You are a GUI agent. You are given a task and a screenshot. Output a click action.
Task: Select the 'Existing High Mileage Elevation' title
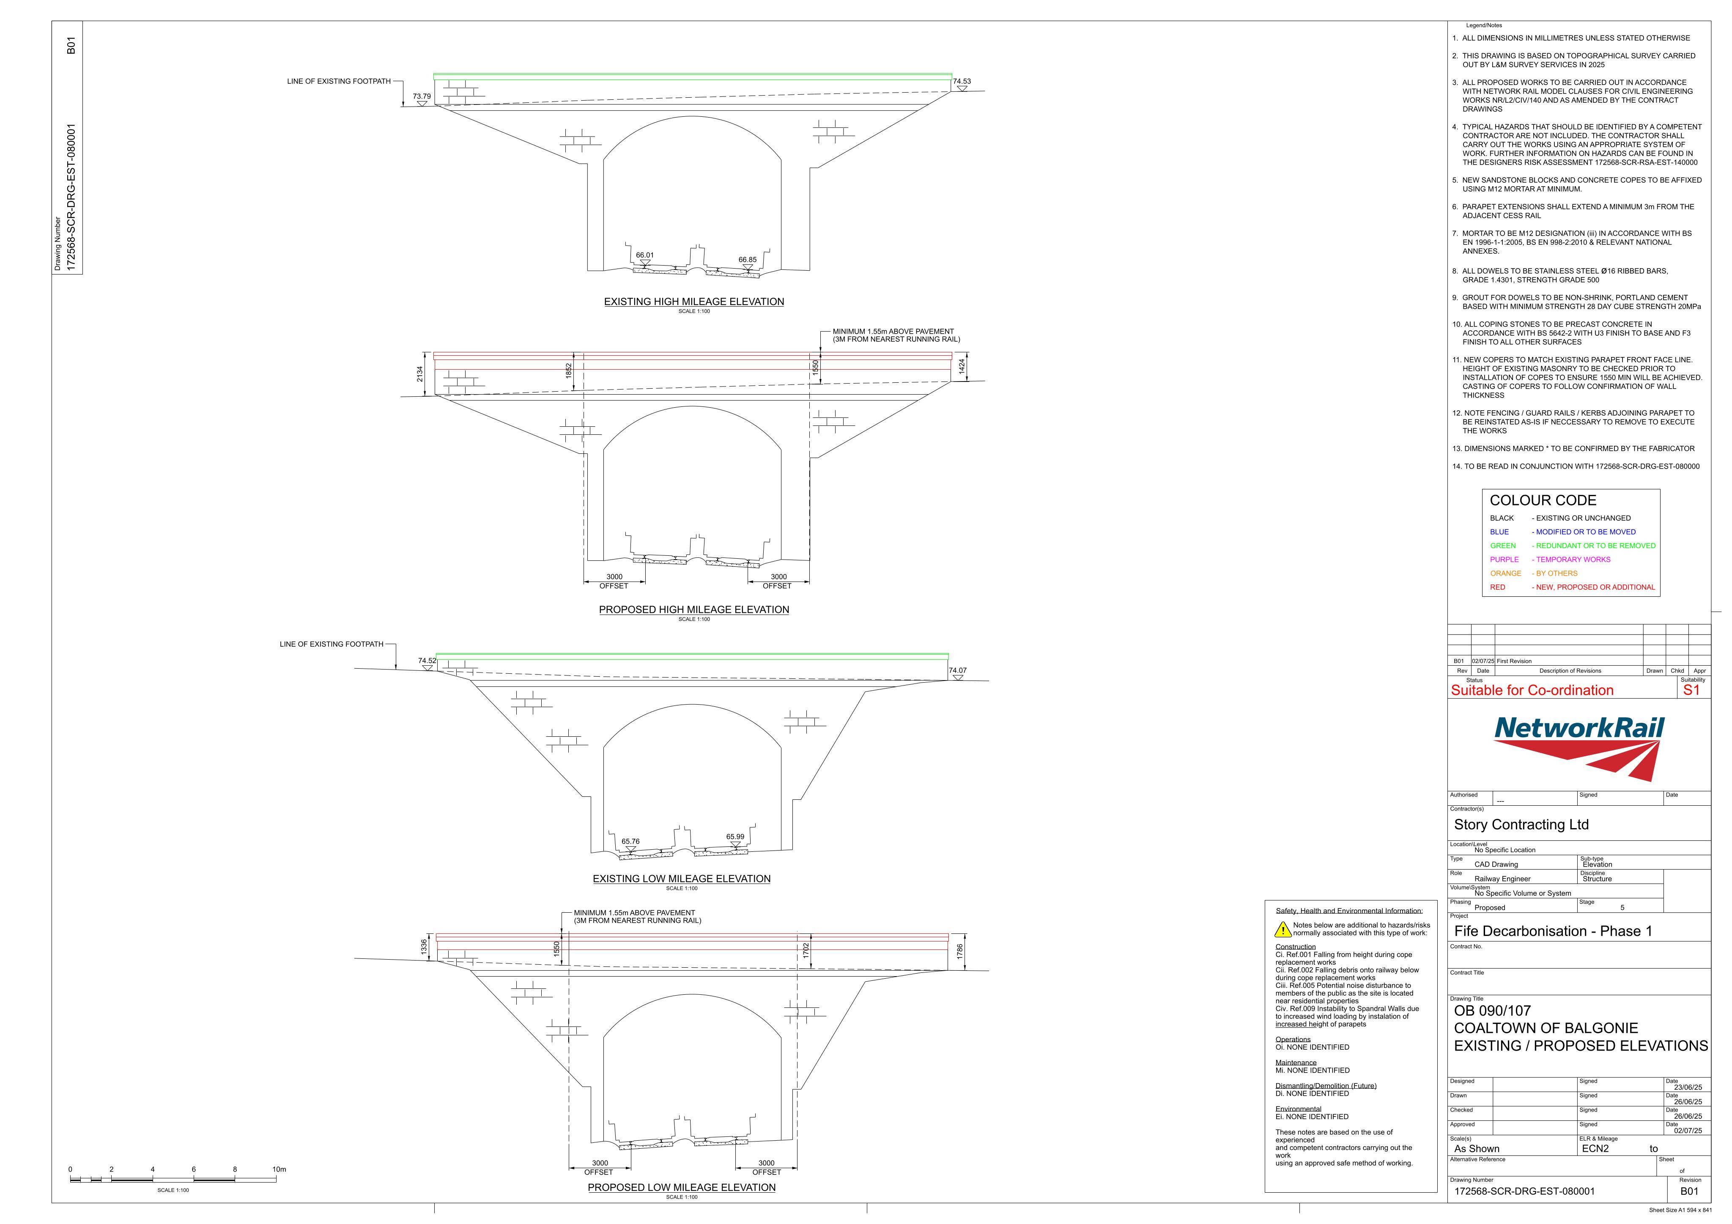pyautogui.click(x=694, y=302)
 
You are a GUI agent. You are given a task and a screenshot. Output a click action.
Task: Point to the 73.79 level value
pyautogui.click(x=422, y=96)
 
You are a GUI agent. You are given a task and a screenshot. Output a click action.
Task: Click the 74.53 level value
pyautogui.click(x=962, y=82)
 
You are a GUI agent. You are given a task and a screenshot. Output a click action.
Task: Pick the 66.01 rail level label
pyautogui.click(x=645, y=255)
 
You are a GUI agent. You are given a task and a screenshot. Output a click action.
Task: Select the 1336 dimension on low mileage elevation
pyautogui.click(x=424, y=946)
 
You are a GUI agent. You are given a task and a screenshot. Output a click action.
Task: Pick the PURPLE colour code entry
pyautogui.click(x=1504, y=559)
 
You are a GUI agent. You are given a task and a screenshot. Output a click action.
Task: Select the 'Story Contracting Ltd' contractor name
pyautogui.click(x=1521, y=825)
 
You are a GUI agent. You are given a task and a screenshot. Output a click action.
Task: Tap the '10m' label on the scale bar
pyautogui.click(x=279, y=1170)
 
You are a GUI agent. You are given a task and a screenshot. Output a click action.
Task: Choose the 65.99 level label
pyautogui.click(x=735, y=837)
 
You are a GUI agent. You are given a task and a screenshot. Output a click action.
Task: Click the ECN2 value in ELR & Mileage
pyautogui.click(x=1595, y=1149)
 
